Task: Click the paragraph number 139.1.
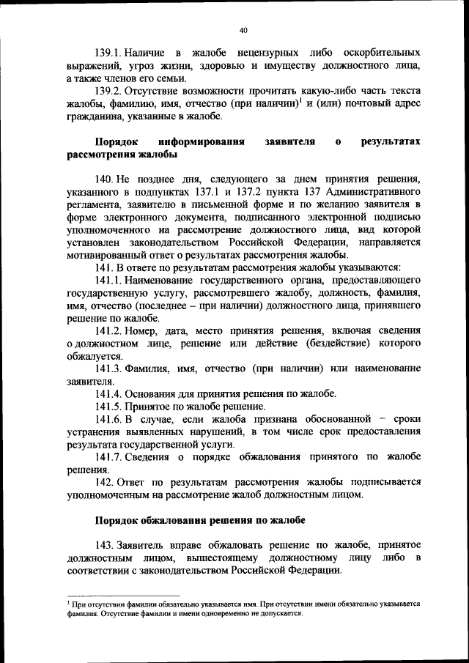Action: [108, 53]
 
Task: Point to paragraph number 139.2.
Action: [108, 91]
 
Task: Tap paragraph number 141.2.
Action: [108, 330]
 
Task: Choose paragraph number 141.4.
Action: [108, 393]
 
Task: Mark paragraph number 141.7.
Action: [108, 456]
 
